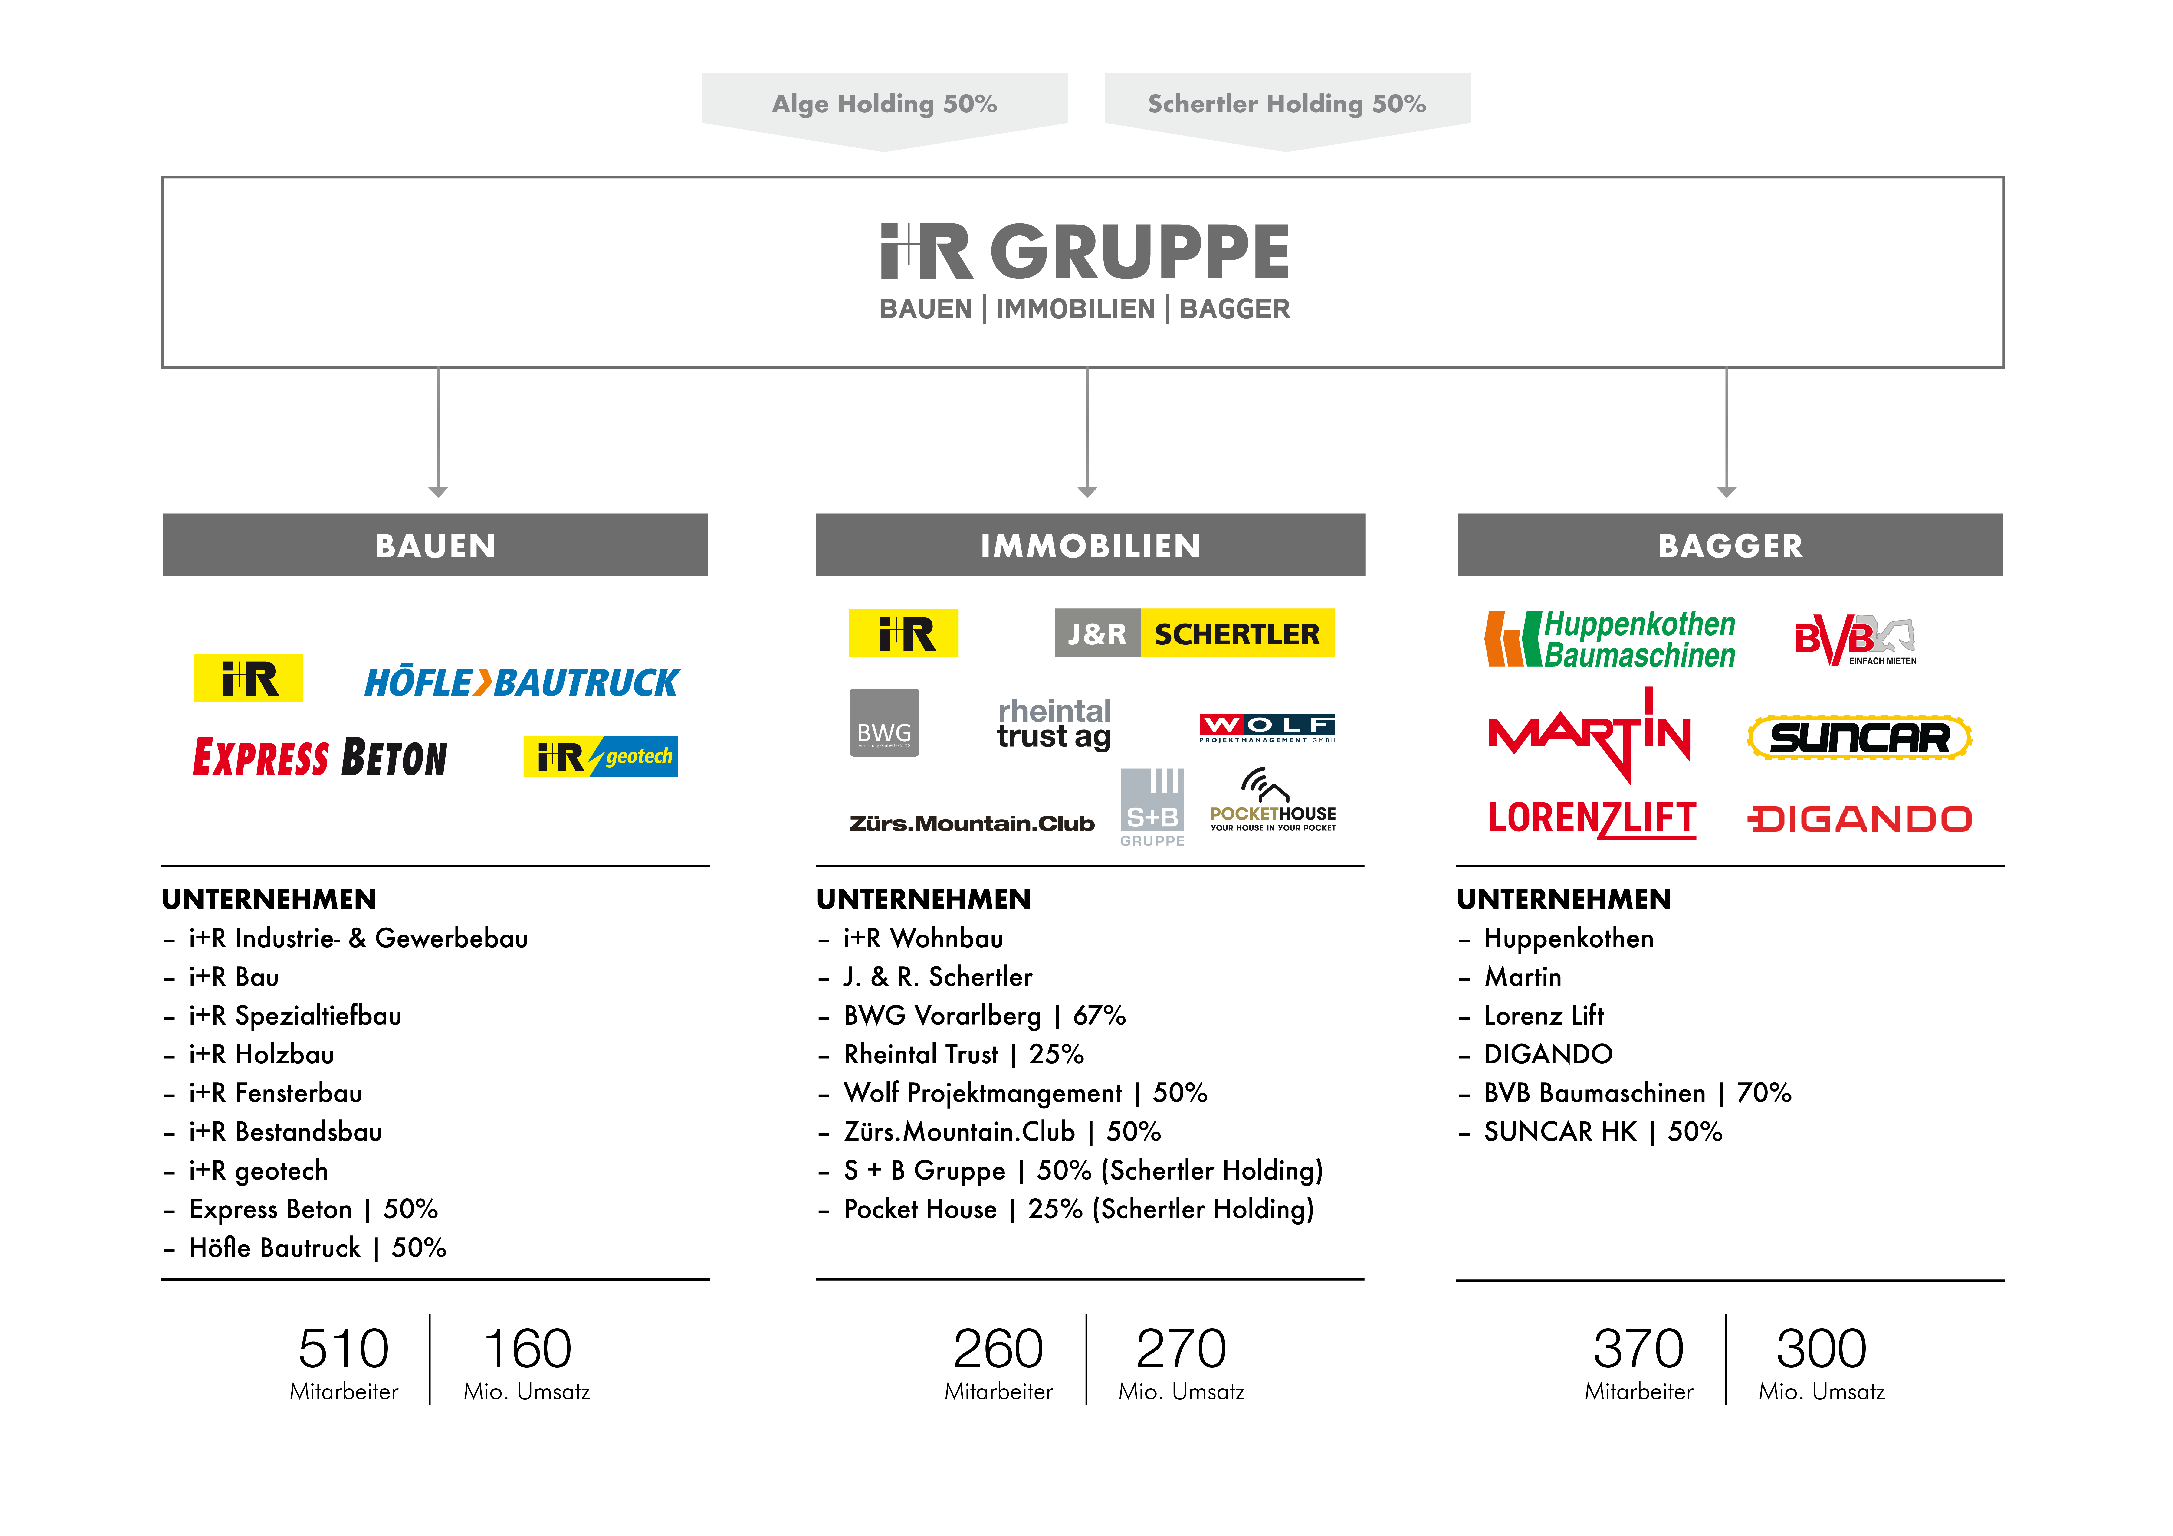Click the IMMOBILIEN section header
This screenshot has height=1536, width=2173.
pos(1089,545)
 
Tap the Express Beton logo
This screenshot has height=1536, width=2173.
pos(320,757)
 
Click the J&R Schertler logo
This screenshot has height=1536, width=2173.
pos(1194,633)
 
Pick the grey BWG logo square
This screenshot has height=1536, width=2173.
pos(884,722)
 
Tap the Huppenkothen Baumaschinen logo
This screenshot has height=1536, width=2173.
pos(1609,640)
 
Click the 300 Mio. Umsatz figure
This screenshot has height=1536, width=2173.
pos(1821,1349)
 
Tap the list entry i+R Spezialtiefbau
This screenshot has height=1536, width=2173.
pos(295,1016)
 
